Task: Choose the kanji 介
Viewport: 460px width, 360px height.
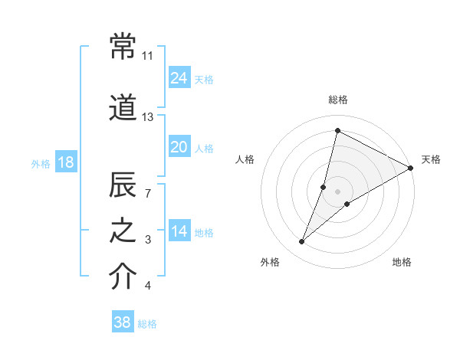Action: (x=123, y=277)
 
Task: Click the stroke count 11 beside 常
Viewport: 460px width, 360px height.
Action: (x=148, y=56)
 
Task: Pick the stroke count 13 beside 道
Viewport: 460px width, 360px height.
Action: (x=148, y=117)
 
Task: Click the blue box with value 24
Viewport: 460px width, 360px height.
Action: (x=179, y=78)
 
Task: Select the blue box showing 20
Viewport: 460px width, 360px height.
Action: (x=179, y=147)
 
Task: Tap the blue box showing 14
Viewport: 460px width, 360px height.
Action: (x=179, y=231)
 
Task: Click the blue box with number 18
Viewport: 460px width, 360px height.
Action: (x=66, y=162)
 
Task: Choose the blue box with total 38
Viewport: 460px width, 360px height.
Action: (x=123, y=322)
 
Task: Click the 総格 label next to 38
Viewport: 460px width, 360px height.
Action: (x=147, y=324)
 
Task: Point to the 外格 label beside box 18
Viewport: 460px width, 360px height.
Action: (x=41, y=164)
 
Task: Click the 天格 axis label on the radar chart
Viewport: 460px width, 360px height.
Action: (x=431, y=159)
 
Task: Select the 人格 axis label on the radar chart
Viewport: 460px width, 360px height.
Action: (x=245, y=159)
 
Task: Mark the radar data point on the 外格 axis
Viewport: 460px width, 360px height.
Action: (x=302, y=242)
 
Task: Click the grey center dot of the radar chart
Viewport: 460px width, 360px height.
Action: (x=337, y=191)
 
